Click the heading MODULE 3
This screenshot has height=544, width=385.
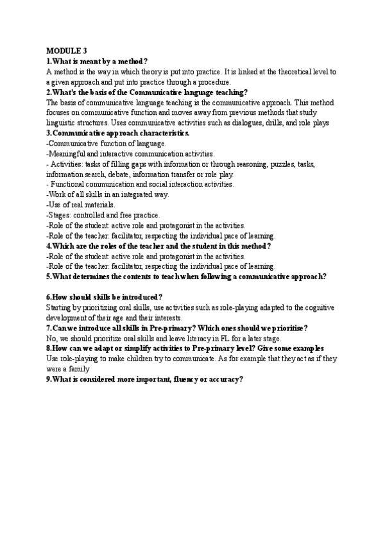tap(67, 51)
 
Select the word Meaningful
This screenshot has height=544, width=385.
tap(69, 153)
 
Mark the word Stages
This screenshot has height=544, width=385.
tap(60, 215)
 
